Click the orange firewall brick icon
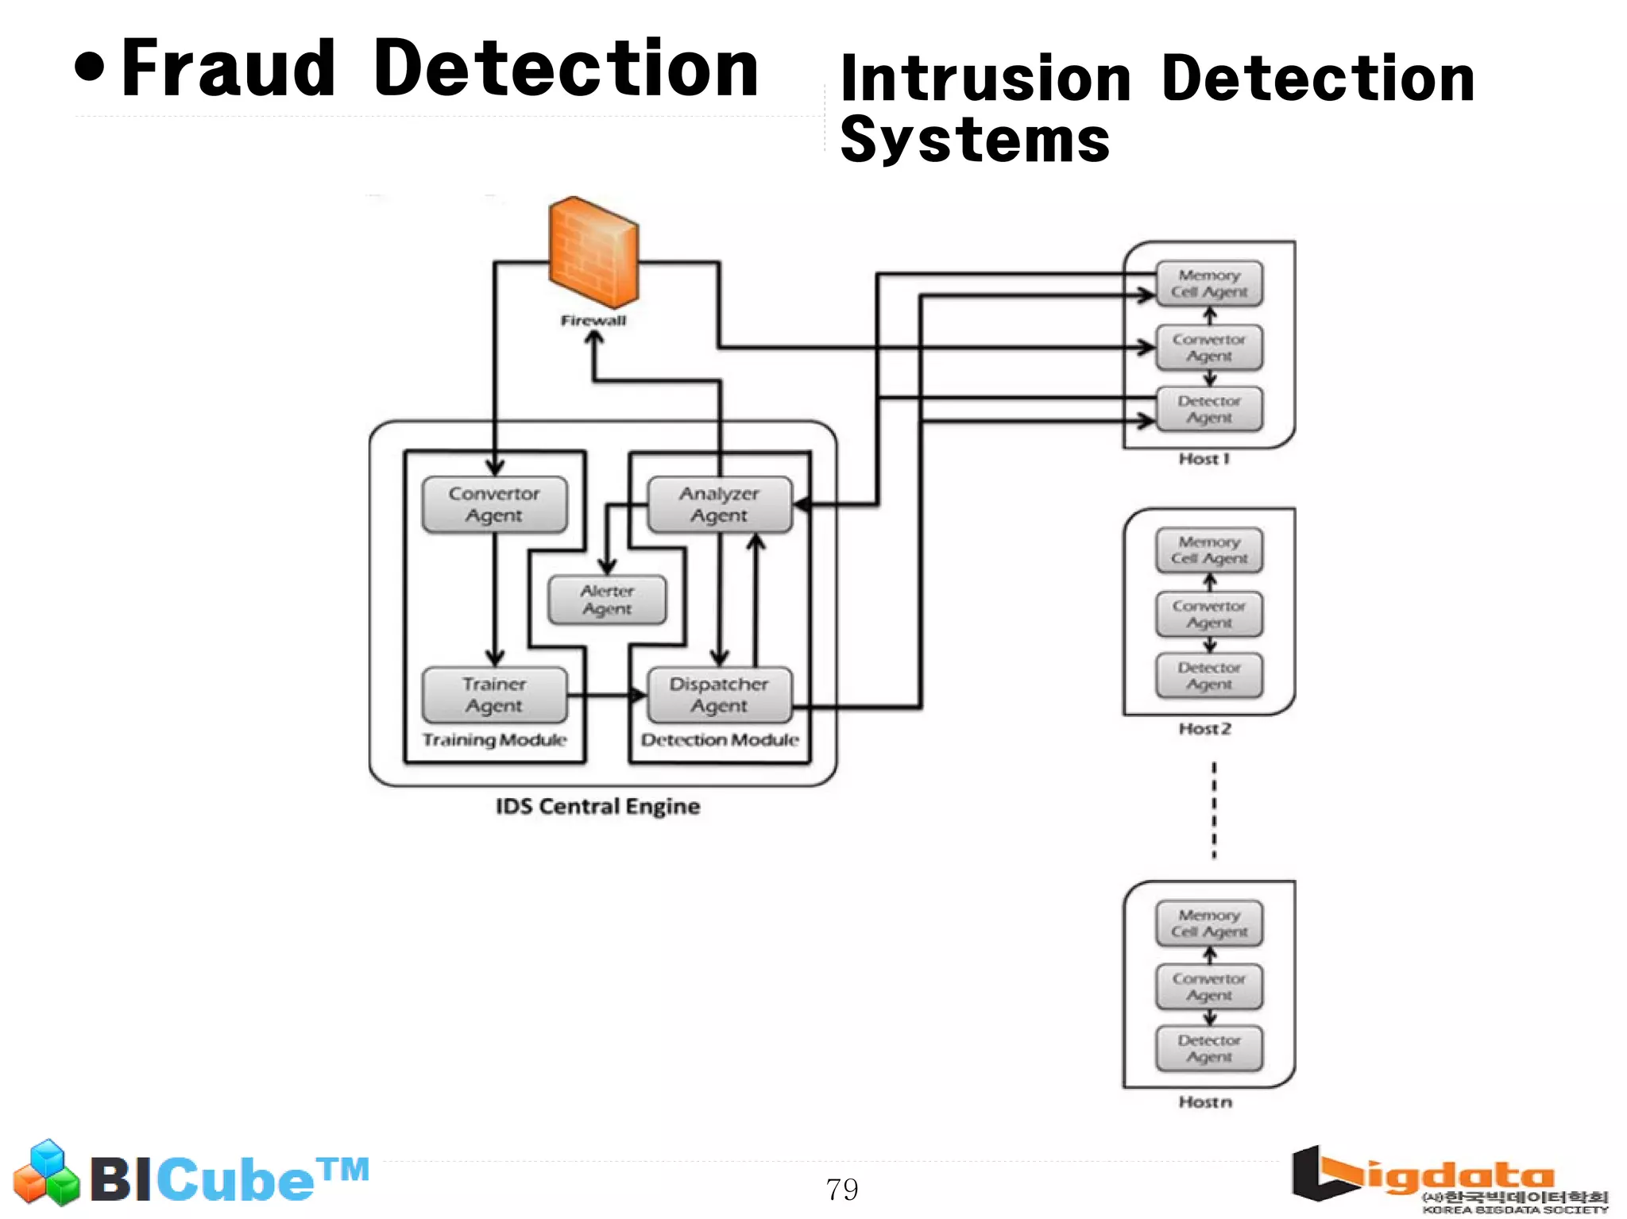pos(593,253)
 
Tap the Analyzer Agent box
pos(720,504)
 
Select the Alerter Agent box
pos(607,600)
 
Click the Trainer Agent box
pos(494,695)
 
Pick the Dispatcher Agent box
pos(720,695)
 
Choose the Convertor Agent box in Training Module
pos(494,504)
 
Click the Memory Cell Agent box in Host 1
pos(1209,284)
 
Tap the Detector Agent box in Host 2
pos(1209,676)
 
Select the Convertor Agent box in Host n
pos(1209,987)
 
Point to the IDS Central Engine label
pos(597,807)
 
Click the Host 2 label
pos(1204,729)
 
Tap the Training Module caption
pos(494,740)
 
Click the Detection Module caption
pos(720,740)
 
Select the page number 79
pos(842,1190)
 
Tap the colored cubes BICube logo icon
pos(47,1173)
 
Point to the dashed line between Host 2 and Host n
pos(1214,810)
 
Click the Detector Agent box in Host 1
pos(1209,409)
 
